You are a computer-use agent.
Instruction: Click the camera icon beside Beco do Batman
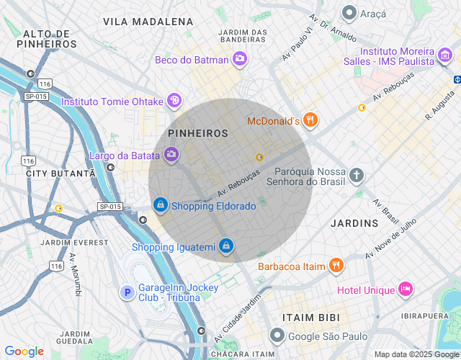click(x=240, y=59)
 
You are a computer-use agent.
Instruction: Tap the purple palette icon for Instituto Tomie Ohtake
click(x=174, y=101)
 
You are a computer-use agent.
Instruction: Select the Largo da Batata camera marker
click(x=171, y=153)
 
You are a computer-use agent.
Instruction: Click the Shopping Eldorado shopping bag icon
click(x=160, y=206)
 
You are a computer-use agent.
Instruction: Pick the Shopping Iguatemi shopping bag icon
click(x=226, y=247)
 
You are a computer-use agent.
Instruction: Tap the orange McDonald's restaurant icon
click(x=310, y=120)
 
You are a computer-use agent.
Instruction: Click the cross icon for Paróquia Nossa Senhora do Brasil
click(x=357, y=175)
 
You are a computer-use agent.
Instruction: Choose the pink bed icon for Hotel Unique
click(x=405, y=289)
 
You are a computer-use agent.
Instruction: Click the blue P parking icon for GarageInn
click(x=127, y=292)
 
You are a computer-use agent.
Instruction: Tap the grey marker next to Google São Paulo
click(x=277, y=336)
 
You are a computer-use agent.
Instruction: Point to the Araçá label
click(x=373, y=14)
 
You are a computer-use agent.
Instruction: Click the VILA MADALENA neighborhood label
click(x=148, y=22)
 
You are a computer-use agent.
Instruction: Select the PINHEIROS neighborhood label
click(x=197, y=134)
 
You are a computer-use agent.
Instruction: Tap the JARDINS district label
click(x=354, y=223)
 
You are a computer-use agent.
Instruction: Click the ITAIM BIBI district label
click(x=311, y=317)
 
